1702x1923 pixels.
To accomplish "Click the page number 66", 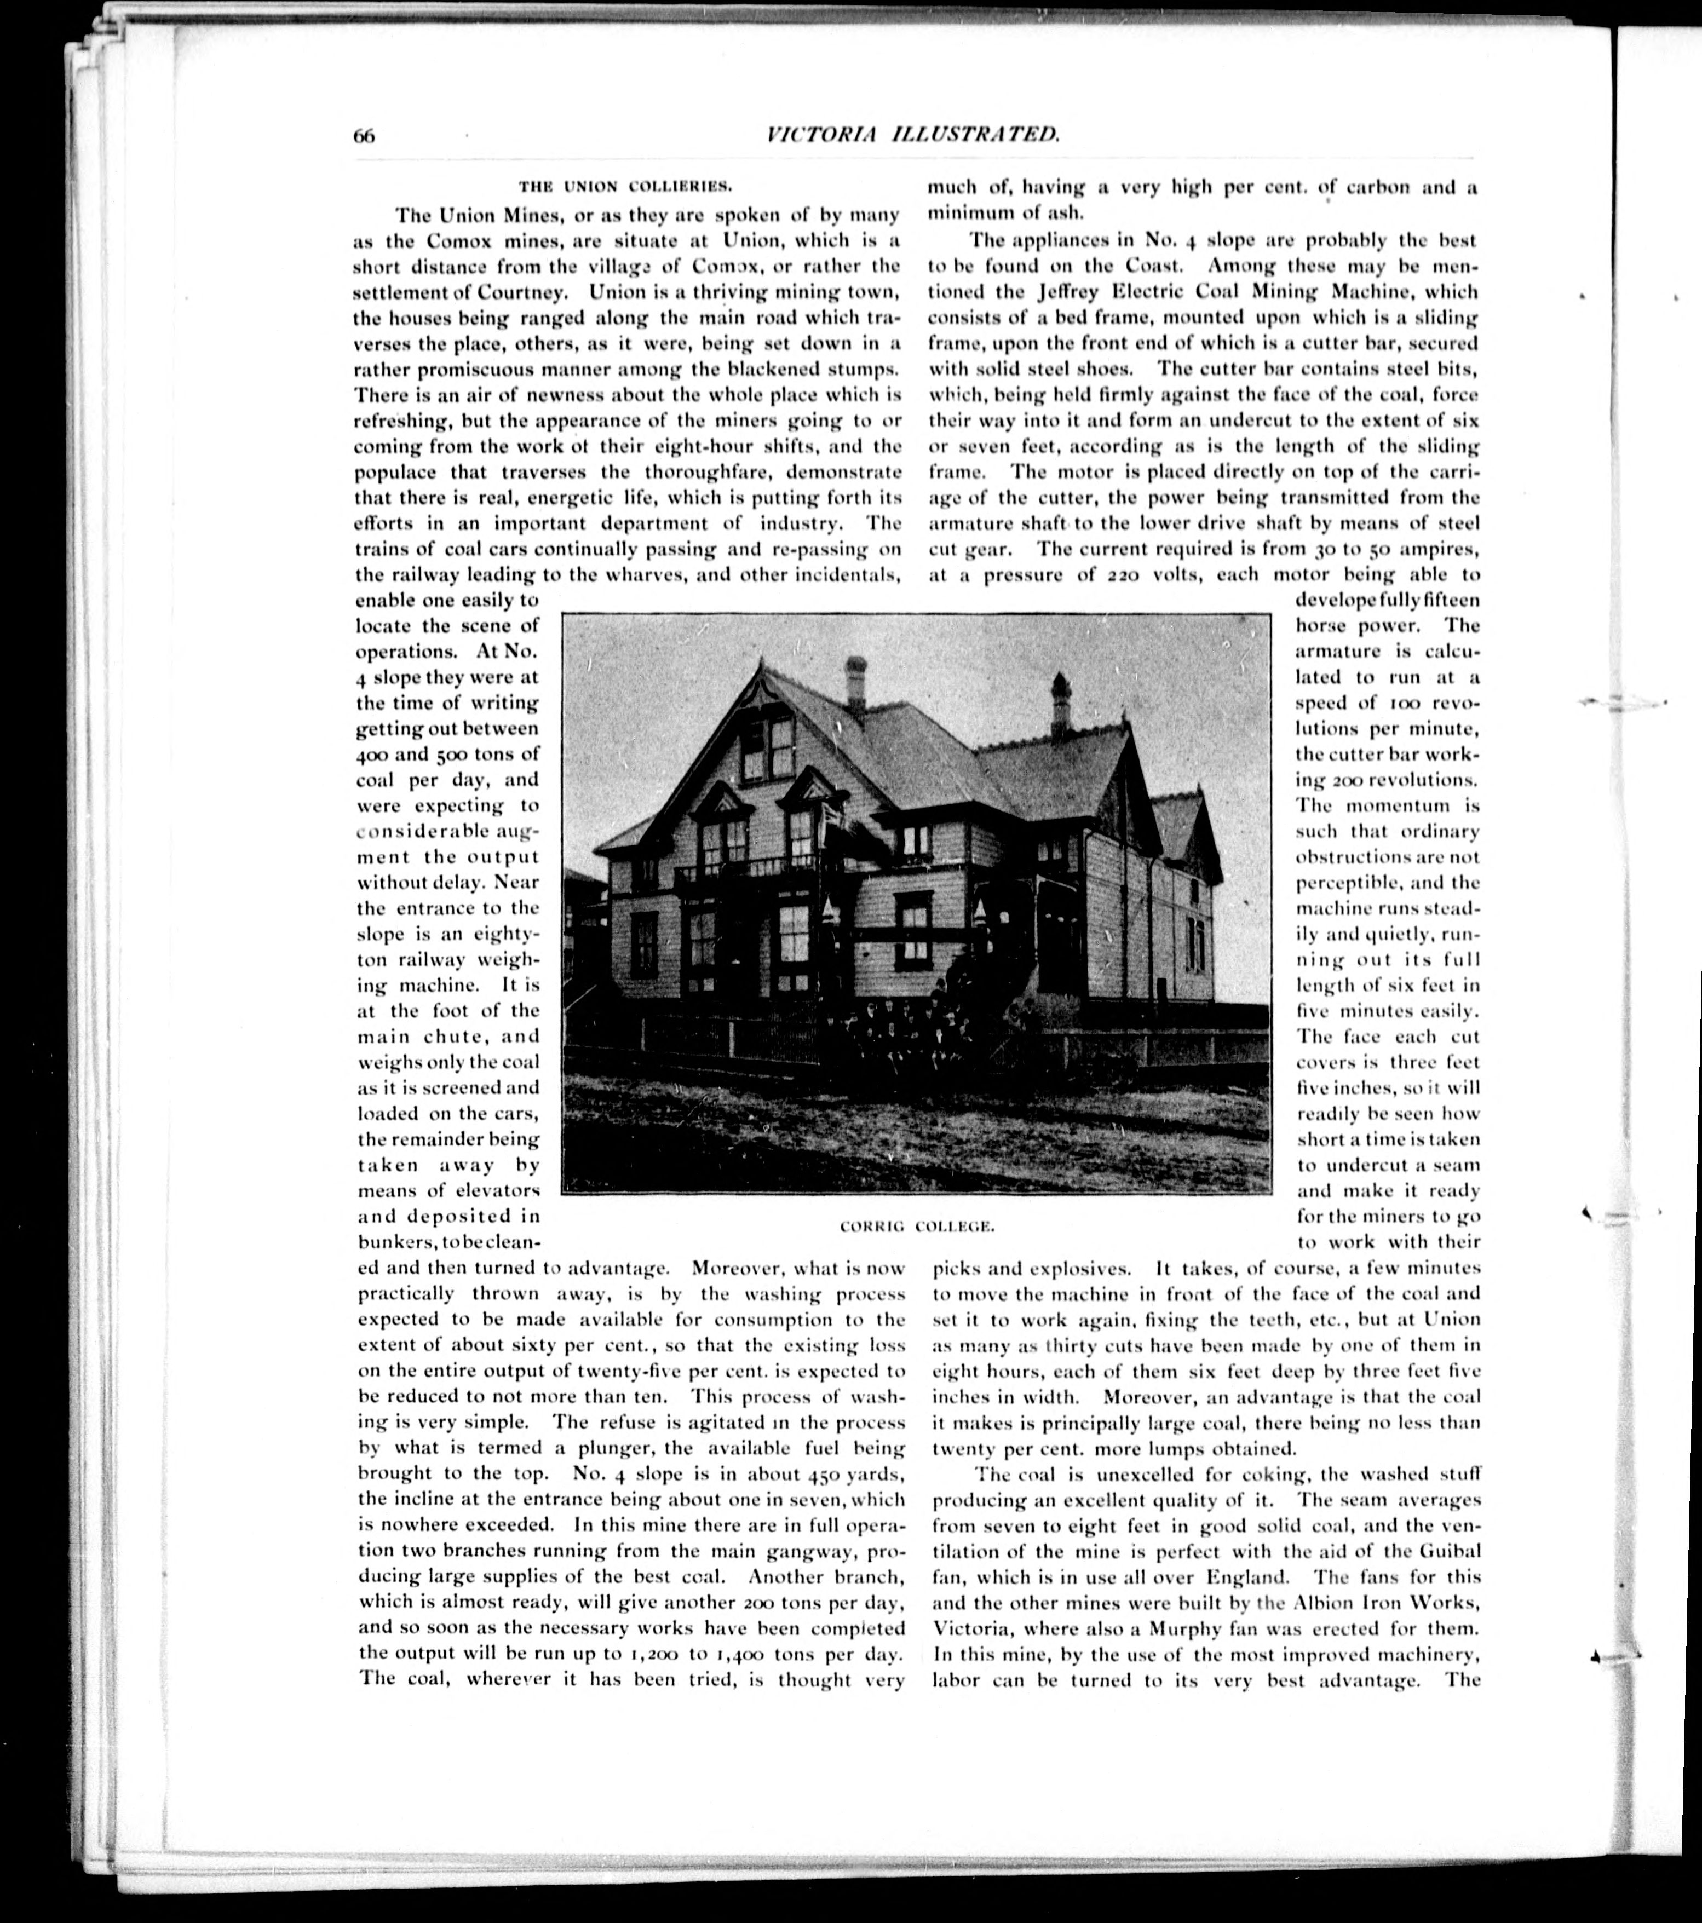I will tap(364, 135).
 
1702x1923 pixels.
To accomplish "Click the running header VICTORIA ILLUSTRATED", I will tap(913, 135).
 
